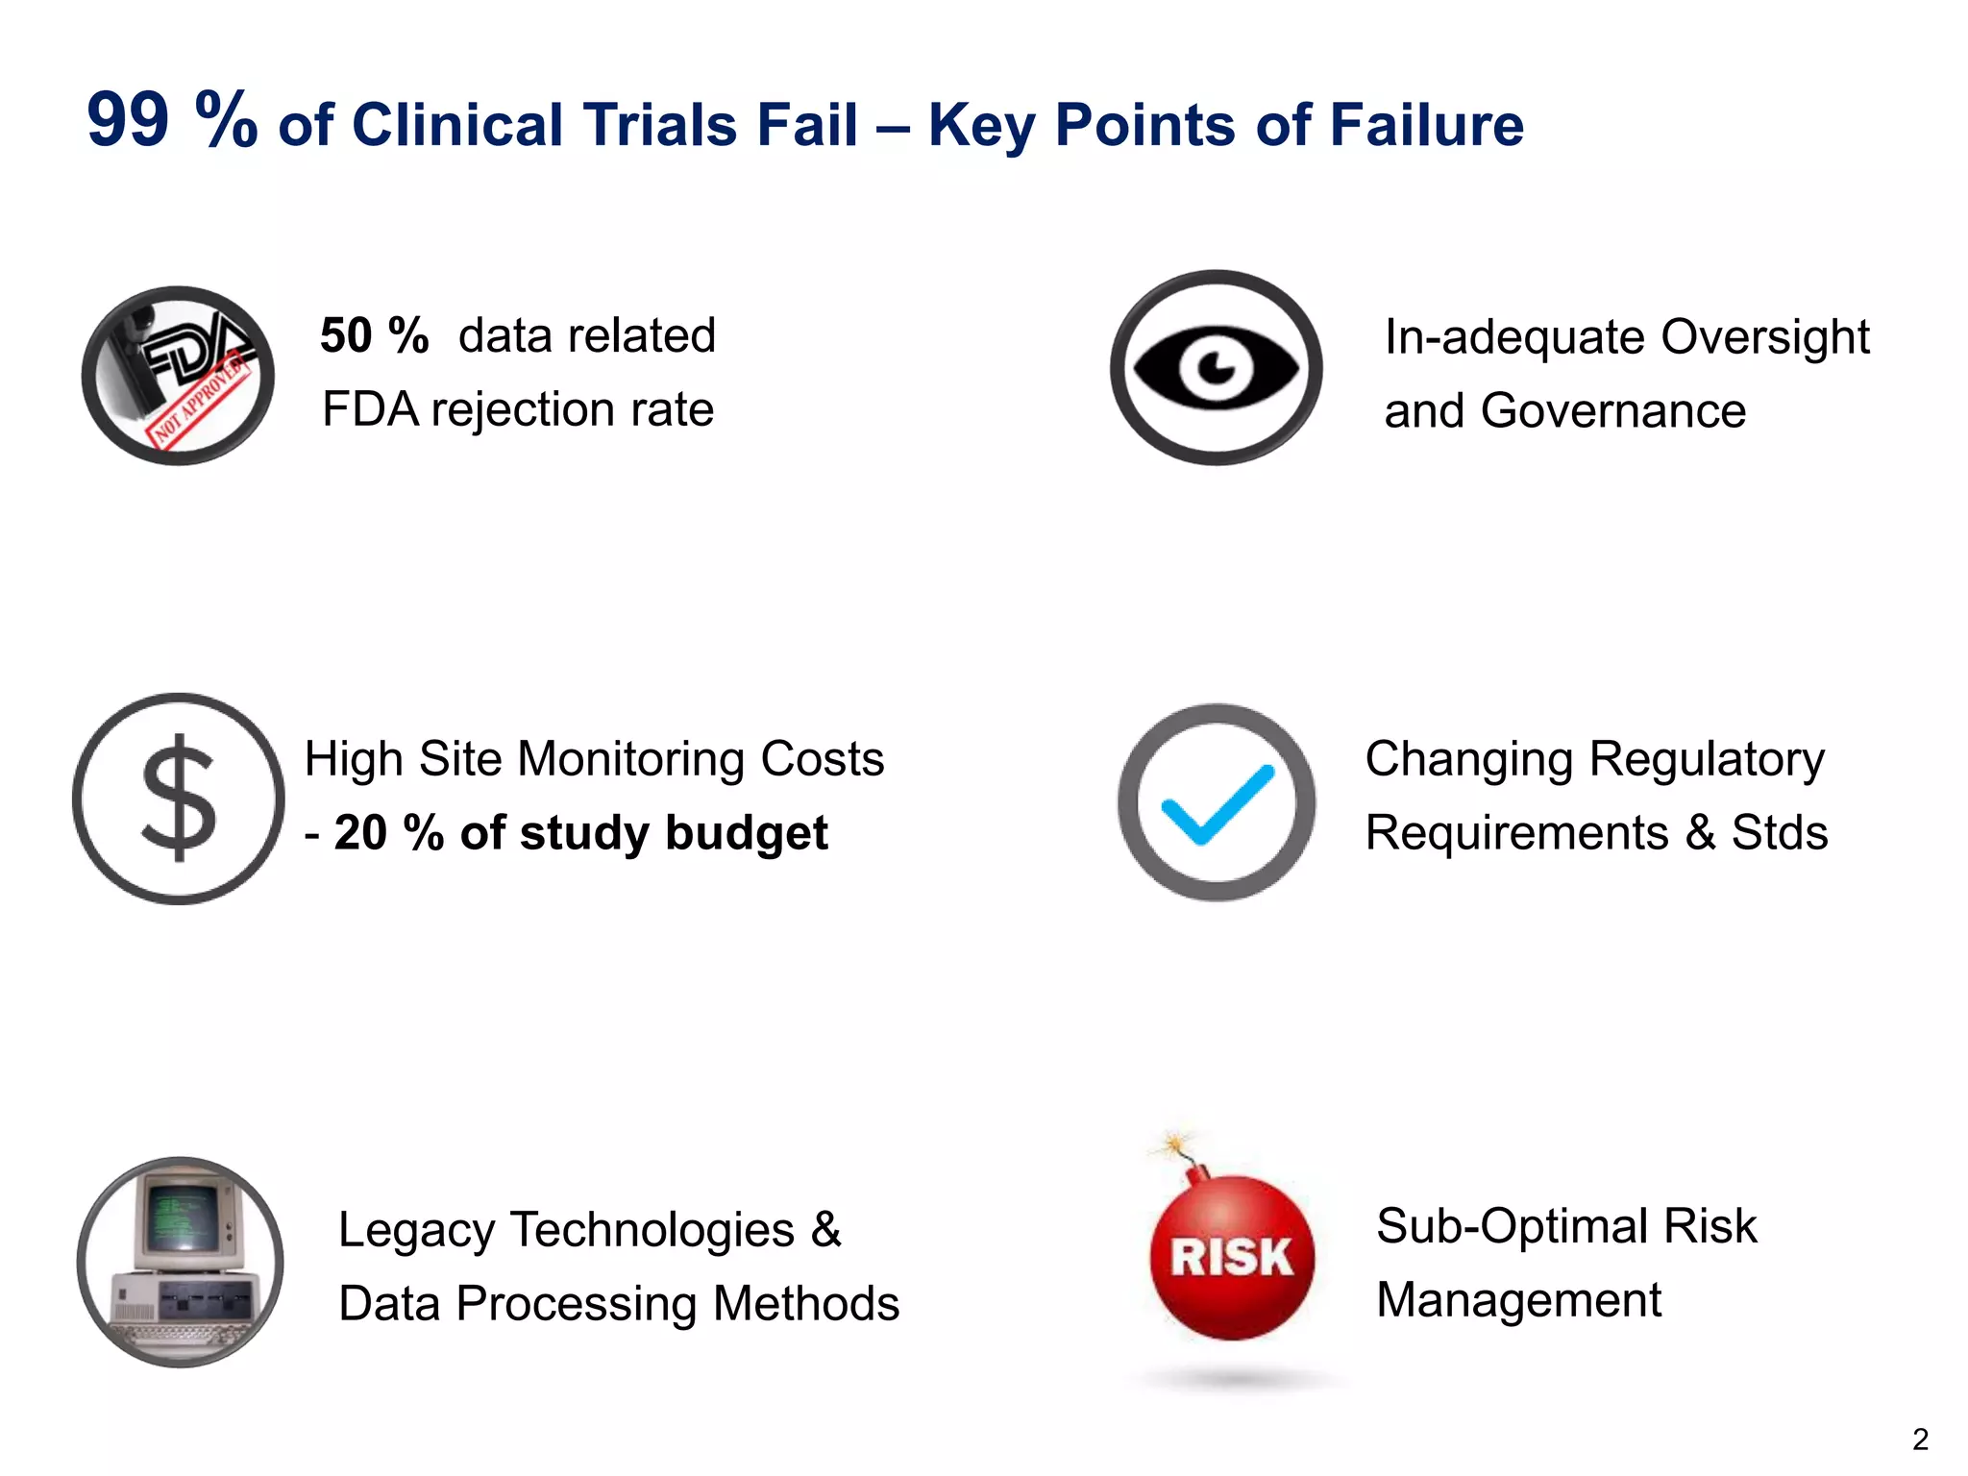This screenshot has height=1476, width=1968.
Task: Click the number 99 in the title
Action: click(128, 121)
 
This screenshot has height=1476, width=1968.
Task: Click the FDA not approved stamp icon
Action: click(178, 376)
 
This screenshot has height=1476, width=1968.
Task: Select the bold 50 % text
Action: click(374, 336)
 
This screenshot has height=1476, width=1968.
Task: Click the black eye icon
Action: click(1216, 368)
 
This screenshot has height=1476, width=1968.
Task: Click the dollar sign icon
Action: click(179, 799)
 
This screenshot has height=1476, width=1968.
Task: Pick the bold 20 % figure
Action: click(388, 833)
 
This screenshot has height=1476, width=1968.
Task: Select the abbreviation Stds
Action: click(1779, 833)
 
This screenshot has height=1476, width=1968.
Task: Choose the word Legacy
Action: click(416, 1230)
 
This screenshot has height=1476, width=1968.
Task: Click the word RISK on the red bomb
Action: click(1231, 1258)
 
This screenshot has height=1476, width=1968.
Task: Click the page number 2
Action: click(1919, 1439)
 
